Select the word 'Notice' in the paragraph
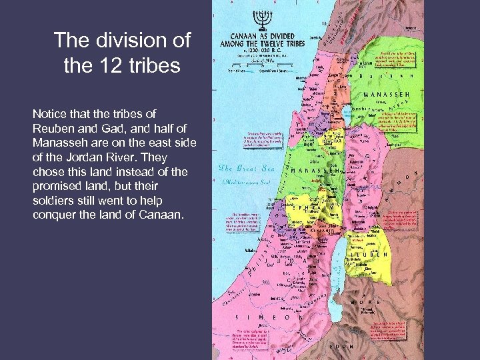[x=49, y=114]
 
